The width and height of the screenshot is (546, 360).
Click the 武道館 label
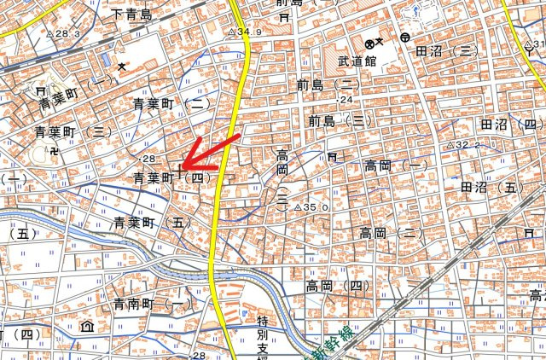pyautogui.click(x=357, y=61)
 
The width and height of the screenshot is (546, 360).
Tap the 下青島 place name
pyautogui.click(x=131, y=14)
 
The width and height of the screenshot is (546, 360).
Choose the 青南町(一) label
pyautogui.click(x=153, y=304)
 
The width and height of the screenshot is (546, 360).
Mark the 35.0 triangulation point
pyautogui.click(x=298, y=206)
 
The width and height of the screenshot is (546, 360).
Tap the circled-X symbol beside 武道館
pyautogui.click(x=369, y=43)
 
